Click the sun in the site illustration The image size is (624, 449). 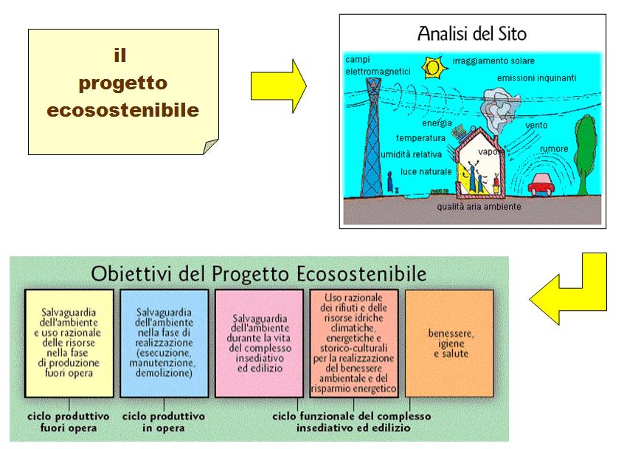click(433, 67)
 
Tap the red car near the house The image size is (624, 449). click(541, 185)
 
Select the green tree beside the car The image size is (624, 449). click(586, 154)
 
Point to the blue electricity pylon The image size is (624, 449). click(372, 137)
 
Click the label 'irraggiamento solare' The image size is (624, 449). click(493, 61)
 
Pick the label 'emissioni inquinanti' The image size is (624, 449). click(536, 78)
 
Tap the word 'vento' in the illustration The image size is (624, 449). click(536, 125)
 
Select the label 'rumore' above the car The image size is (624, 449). click(554, 149)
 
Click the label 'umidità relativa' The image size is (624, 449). click(411, 154)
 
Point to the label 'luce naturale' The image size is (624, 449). click(426, 172)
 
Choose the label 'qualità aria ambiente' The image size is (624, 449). click(479, 206)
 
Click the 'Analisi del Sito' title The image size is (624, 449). click(472, 33)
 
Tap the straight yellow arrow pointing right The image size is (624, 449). click(279, 86)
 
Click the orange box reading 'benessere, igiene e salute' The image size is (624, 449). click(449, 343)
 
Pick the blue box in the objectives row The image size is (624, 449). click(164, 343)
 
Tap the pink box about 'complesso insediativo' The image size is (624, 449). click(259, 343)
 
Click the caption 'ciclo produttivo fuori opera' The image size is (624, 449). click(69, 422)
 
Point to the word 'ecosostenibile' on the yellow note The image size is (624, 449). click(123, 110)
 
